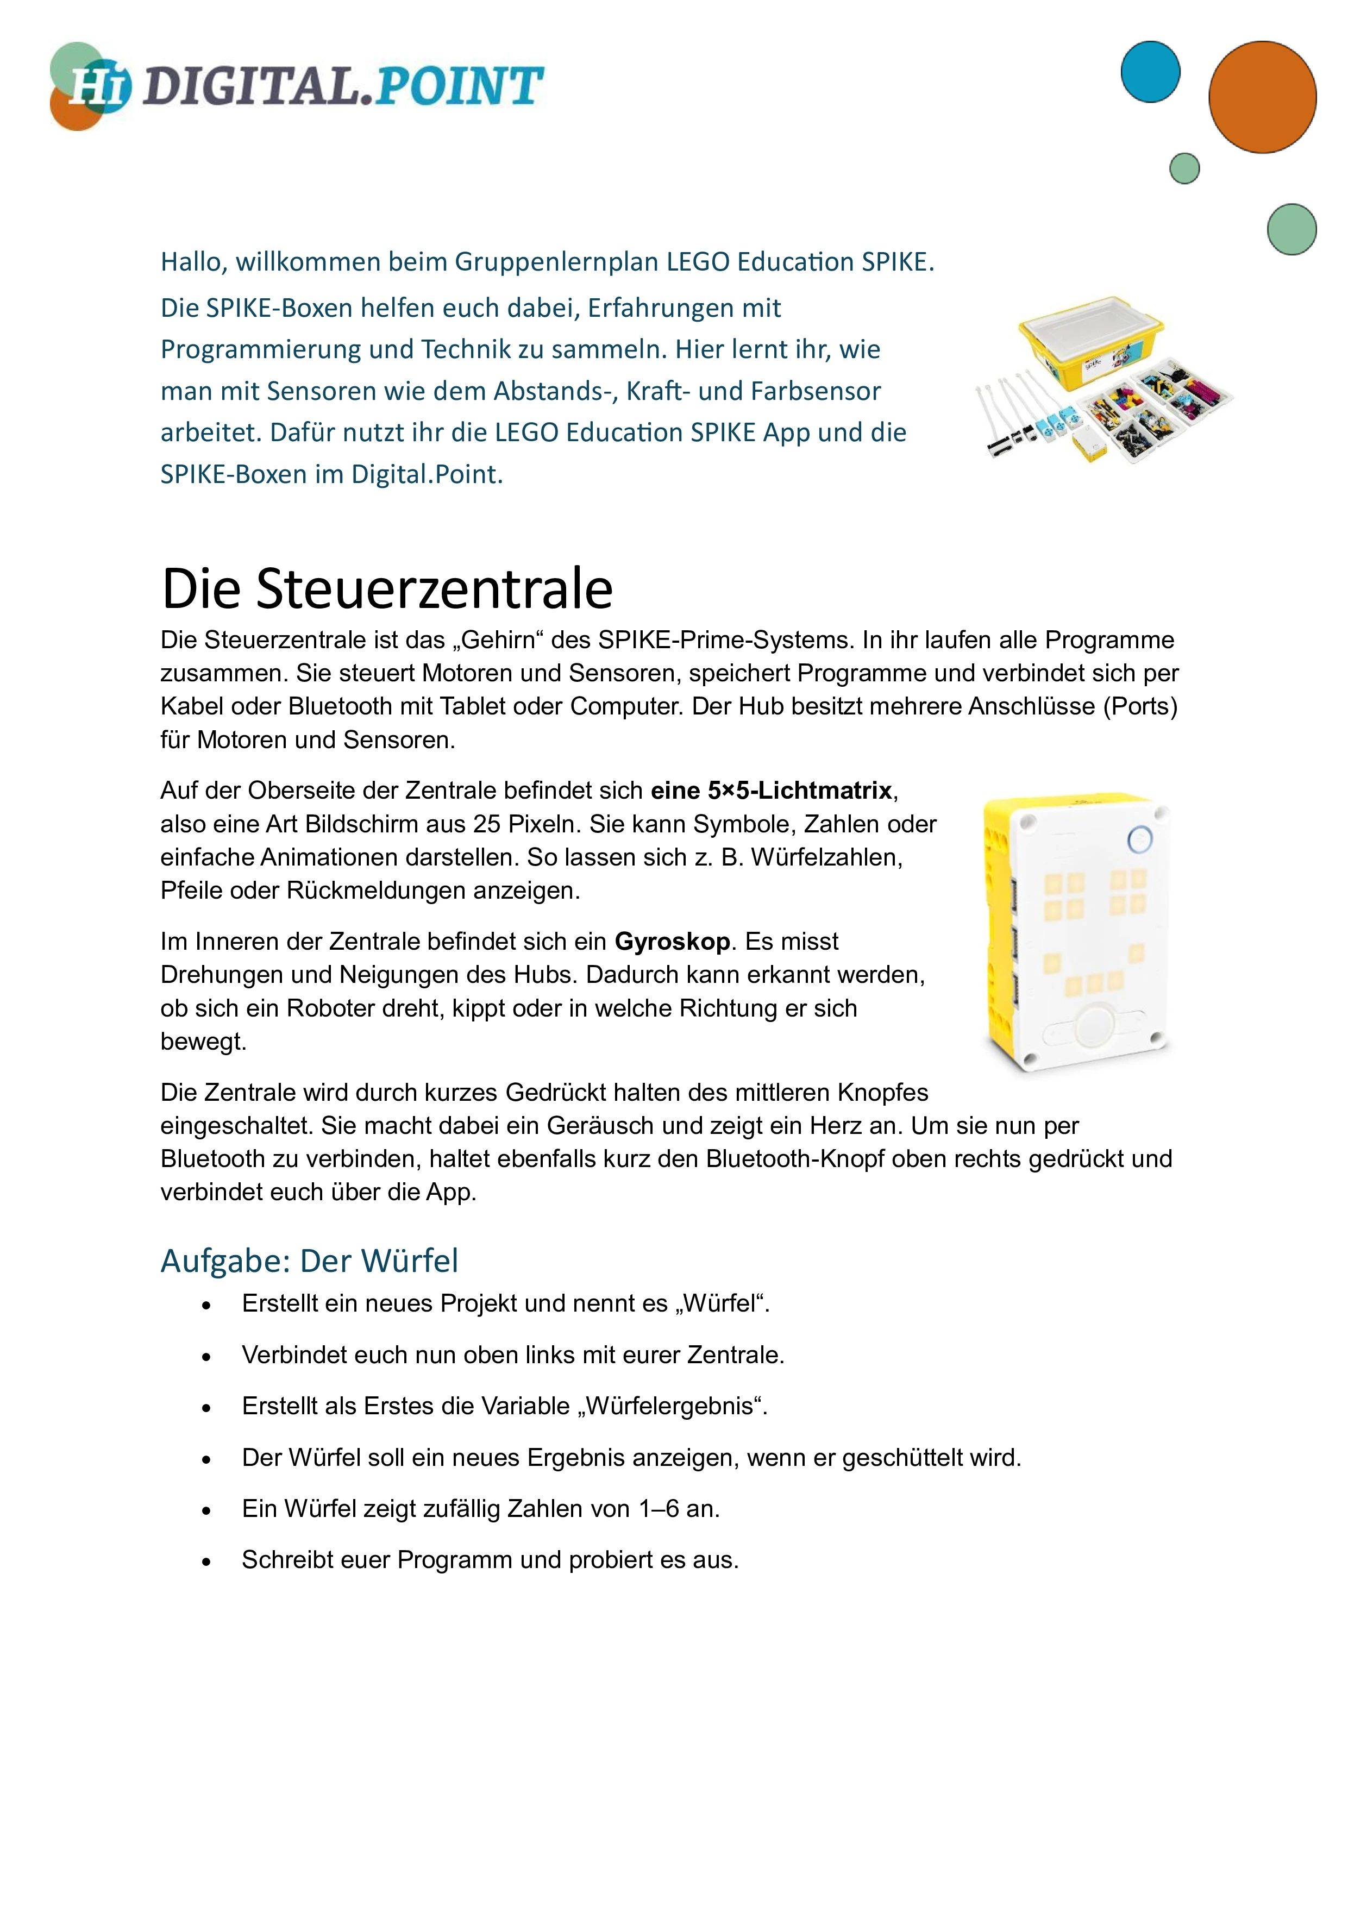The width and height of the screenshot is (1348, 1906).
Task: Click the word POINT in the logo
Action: (x=459, y=87)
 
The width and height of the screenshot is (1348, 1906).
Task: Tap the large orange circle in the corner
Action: (x=1262, y=97)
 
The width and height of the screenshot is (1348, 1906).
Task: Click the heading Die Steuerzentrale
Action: (x=387, y=588)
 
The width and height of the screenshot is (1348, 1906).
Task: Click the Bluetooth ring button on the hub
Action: (x=1140, y=839)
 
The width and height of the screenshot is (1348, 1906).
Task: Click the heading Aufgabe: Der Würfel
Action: (x=309, y=1260)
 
